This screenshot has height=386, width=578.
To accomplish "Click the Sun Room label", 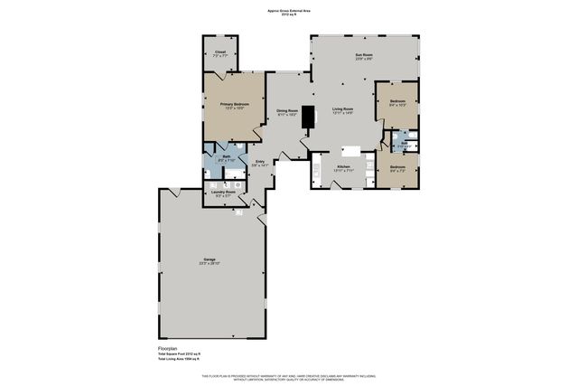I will point(364,55).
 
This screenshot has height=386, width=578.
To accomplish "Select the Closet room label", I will point(219,52).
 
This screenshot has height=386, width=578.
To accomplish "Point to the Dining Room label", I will point(287,111).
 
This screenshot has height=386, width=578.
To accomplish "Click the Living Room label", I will point(342,109).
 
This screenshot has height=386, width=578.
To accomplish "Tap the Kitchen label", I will point(343,166).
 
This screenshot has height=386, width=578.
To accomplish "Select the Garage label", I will point(210,262).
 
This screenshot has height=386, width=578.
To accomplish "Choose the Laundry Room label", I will point(223,192).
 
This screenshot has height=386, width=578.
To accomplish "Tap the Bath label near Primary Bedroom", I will point(228,156).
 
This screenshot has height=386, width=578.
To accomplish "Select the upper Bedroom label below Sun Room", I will point(397,101).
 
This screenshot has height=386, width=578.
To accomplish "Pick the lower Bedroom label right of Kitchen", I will point(397,167).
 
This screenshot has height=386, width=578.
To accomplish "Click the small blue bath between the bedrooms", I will point(401,145).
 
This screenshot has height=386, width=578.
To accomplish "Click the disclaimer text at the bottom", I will point(288,376).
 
